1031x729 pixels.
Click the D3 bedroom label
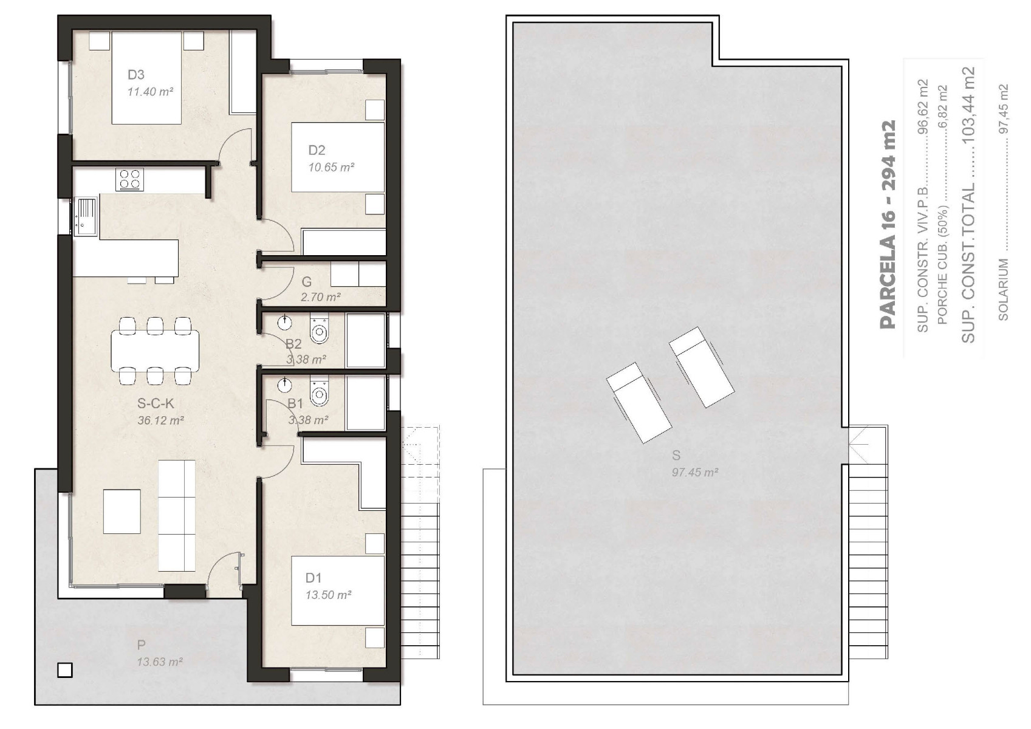pyautogui.click(x=135, y=75)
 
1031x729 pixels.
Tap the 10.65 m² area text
pyautogui.click(x=331, y=167)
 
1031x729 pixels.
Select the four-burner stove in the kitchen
pyautogui.click(x=130, y=179)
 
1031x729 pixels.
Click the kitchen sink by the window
pyautogui.click(x=86, y=217)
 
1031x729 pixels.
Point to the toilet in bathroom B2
pyautogui.click(x=319, y=329)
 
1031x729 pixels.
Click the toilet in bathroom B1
pyautogui.click(x=319, y=391)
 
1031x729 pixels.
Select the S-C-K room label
pyautogui.click(x=156, y=403)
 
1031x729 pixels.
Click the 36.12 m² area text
pyautogui.click(x=160, y=420)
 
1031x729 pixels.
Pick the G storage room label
pyautogui.click(x=307, y=282)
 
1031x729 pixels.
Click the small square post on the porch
pyautogui.click(x=65, y=670)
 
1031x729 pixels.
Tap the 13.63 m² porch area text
pyautogui.click(x=160, y=662)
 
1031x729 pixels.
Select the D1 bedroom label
pyautogui.click(x=313, y=578)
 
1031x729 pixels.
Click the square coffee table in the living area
pyautogui.click(x=122, y=512)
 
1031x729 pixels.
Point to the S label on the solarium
pyautogui.click(x=676, y=456)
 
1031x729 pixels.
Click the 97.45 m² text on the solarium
pyautogui.click(x=695, y=472)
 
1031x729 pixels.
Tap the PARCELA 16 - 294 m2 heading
pyautogui.click(x=888, y=224)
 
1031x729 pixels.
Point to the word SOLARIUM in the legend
pyautogui.click(x=1004, y=290)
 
